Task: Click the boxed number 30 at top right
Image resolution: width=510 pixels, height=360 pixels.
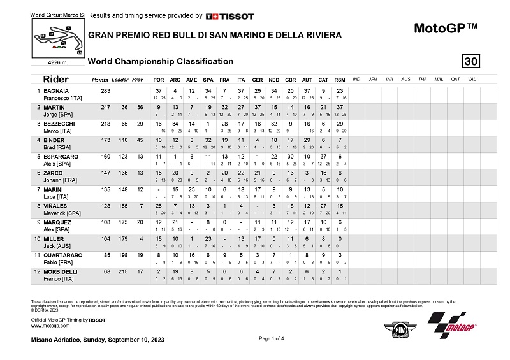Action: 471,61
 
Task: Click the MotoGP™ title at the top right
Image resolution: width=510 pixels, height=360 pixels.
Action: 446,29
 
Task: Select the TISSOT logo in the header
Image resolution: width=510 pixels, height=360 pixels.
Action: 230,16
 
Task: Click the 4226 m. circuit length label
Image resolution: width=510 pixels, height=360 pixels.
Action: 59,62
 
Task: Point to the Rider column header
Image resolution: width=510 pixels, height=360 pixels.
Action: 55,80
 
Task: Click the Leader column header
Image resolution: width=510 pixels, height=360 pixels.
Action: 120,80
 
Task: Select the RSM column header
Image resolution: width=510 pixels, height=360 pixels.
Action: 340,80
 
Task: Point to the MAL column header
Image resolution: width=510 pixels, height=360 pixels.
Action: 438,79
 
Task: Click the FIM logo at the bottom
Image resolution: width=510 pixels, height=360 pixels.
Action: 395,329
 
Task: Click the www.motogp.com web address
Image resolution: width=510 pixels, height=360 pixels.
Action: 50,325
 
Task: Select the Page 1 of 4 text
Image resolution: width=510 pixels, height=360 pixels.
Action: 273,339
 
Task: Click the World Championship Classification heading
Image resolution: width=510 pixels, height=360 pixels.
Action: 160,61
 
